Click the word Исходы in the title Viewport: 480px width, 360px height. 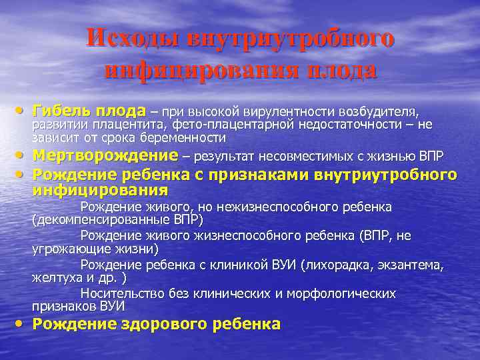tap(135, 38)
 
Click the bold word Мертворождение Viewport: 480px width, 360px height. tap(105, 157)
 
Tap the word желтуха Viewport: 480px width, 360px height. tap(57, 278)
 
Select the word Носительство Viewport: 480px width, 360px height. tap(121, 293)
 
